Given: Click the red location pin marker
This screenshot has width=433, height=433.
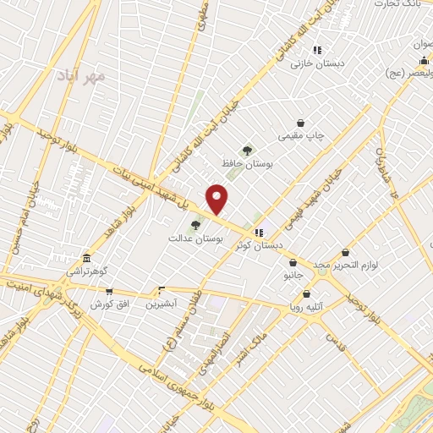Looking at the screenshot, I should click(217, 198).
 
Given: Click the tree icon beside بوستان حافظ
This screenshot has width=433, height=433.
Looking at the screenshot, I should click(247, 150).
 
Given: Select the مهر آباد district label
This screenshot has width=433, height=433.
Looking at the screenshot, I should click(81, 76).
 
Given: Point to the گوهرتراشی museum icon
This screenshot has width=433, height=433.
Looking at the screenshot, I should click(86, 259).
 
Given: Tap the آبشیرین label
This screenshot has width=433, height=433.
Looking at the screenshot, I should click(161, 303).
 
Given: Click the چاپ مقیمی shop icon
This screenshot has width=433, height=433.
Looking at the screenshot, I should click(300, 123).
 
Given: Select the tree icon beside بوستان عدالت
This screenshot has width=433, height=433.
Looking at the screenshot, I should click(195, 225).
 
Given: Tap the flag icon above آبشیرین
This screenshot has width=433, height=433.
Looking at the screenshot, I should click(161, 289).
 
